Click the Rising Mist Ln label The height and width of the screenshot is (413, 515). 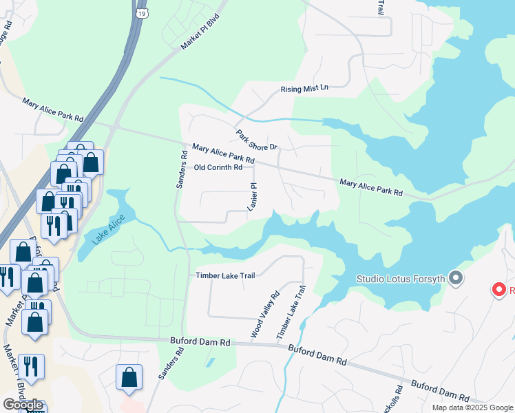pos(305,89)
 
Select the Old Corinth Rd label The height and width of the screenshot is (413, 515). pos(218,167)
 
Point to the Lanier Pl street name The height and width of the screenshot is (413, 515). pos(253,196)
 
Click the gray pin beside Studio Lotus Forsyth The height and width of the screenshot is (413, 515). pos(455,278)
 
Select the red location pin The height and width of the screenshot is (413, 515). pos(498,290)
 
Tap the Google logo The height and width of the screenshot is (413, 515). pos(23,405)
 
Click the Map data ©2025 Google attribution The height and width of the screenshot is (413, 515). pos(472,407)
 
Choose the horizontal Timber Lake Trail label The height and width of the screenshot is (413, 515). pos(225,275)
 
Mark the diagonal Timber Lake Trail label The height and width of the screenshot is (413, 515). pos(291,313)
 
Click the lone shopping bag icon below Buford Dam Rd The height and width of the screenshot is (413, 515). pos(129,377)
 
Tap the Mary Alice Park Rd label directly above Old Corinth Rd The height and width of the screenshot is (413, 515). pos(224,153)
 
